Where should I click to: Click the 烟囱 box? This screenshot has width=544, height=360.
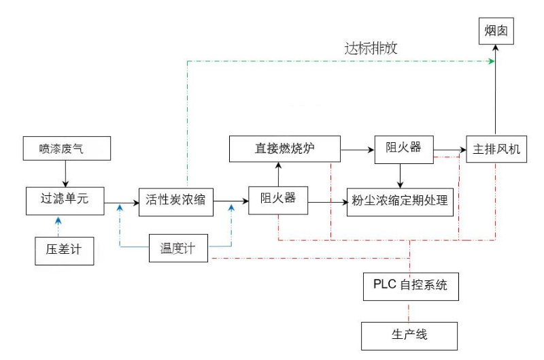pyautogui.click(x=494, y=31)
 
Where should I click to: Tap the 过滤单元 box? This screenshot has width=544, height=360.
pyautogui.click(x=65, y=200)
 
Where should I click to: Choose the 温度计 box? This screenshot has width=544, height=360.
pyautogui.click(x=177, y=250)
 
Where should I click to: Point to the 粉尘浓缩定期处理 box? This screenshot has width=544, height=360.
pyautogui.click(x=399, y=201)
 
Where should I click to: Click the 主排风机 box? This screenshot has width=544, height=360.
pyautogui.click(x=494, y=148)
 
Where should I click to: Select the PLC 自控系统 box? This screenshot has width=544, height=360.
pyautogui.click(x=410, y=286)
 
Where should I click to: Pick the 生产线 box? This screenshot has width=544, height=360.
pyautogui.click(x=410, y=335)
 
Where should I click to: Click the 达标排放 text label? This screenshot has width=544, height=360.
pyautogui.click(x=371, y=50)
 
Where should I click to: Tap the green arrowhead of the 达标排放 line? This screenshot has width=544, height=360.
pyautogui.click(x=490, y=61)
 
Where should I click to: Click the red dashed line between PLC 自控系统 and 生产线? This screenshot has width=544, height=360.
pyautogui.click(x=410, y=310)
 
